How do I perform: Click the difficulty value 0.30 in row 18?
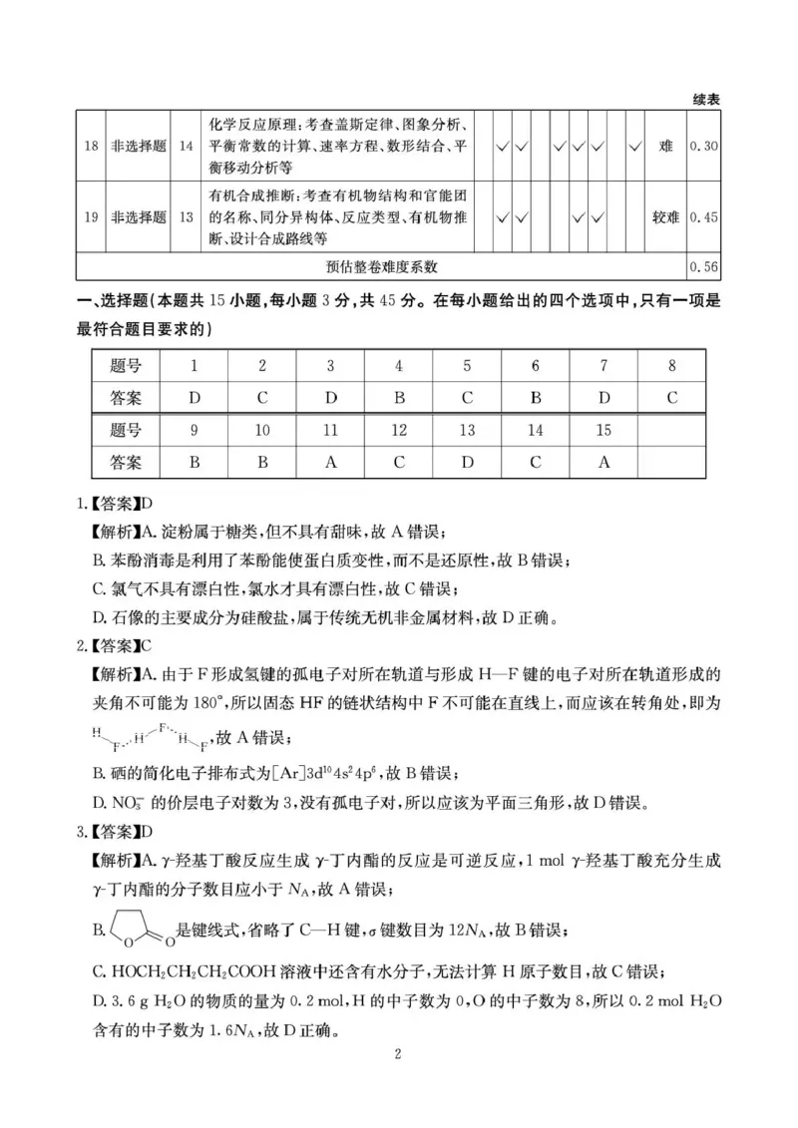click(x=703, y=146)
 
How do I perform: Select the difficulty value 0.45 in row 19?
click(x=703, y=216)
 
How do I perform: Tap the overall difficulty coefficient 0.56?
click(x=703, y=266)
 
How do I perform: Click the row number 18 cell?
click(x=91, y=146)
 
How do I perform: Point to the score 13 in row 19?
click(x=187, y=216)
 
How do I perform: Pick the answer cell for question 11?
click(x=331, y=462)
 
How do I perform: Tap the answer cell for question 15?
click(x=603, y=462)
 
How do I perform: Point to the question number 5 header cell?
click(x=467, y=365)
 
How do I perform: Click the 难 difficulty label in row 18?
click(x=665, y=146)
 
